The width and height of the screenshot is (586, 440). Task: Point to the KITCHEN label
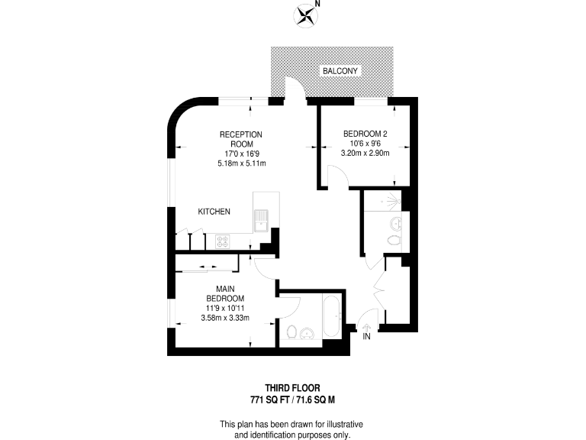point(214,212)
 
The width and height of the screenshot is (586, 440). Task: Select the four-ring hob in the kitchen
point(224,241)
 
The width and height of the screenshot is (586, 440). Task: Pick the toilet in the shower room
point(393,241)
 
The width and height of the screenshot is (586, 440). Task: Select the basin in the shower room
point(395,224)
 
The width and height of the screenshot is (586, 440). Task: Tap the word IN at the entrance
point(367,337)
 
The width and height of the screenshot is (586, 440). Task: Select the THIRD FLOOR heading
point(292,387)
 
